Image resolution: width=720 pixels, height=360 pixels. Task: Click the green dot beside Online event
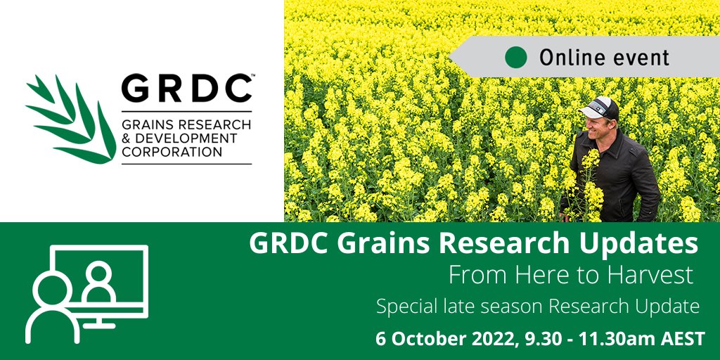click(x=517, y=57)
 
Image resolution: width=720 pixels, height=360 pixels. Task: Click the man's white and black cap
click(x=599, y=108)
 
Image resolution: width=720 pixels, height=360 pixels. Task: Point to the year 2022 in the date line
click(x=493, y=338)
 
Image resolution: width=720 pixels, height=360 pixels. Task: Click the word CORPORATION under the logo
click(x=172, y=151)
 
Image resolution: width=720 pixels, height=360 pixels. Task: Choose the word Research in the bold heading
click(x=499, y=244)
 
